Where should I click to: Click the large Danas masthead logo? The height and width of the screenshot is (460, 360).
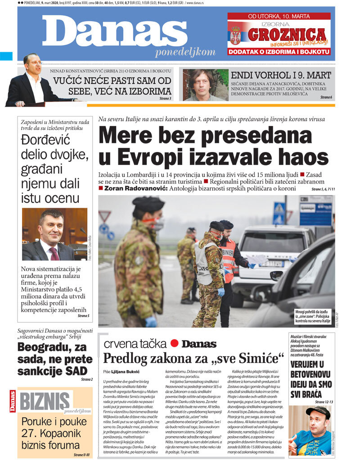(x=115, y=33)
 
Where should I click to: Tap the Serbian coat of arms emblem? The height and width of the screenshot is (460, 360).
(x=235, y=35)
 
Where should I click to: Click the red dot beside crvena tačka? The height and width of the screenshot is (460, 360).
(x=175, y=344)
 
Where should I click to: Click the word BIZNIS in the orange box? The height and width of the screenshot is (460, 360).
(x=44, y=400)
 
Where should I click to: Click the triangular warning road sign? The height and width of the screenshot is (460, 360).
(x=105, y=217)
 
